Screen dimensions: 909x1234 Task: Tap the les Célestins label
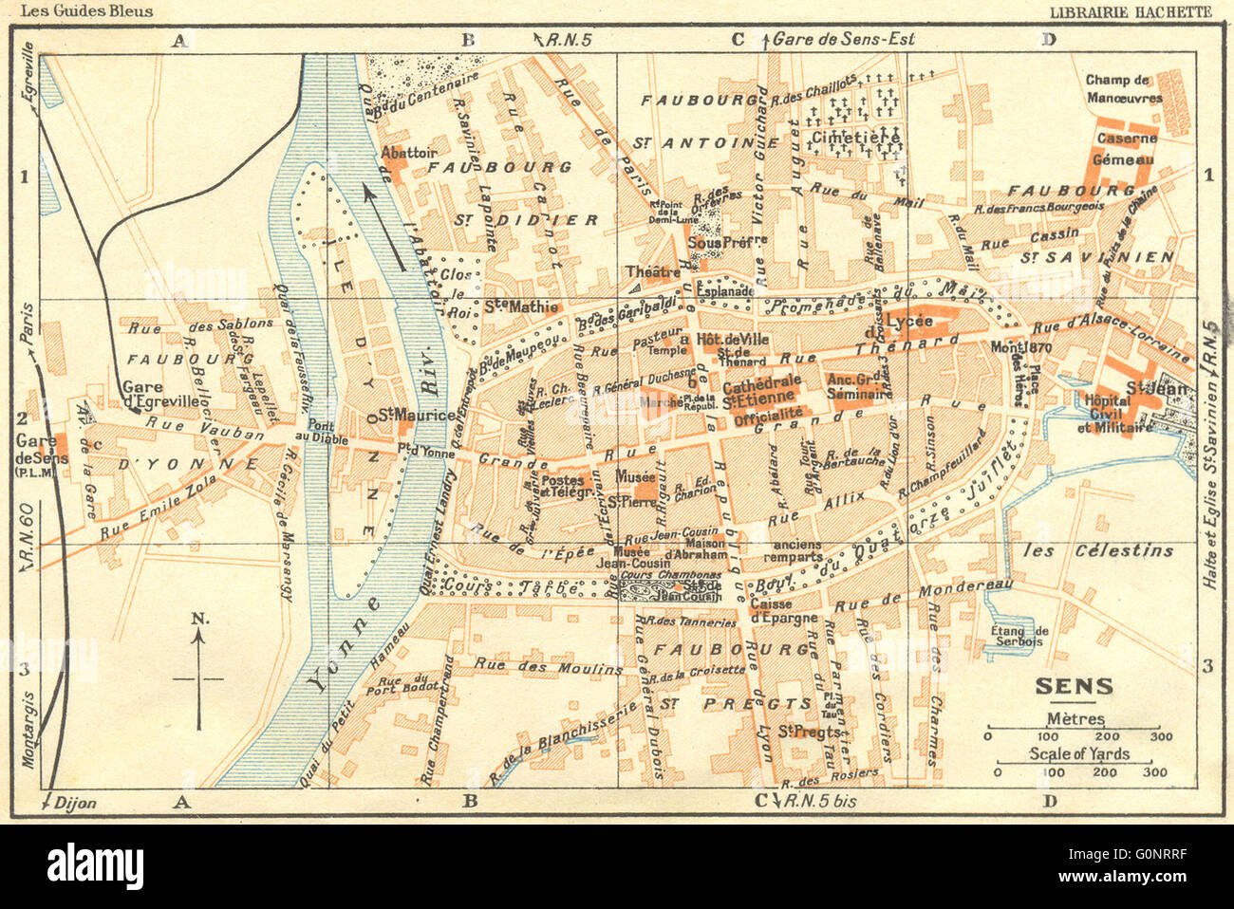[x=1098, y=550]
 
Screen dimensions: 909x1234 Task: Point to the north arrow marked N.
[x=198, y=674]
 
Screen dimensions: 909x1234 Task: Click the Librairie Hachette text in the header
[x=1131, y=11]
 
